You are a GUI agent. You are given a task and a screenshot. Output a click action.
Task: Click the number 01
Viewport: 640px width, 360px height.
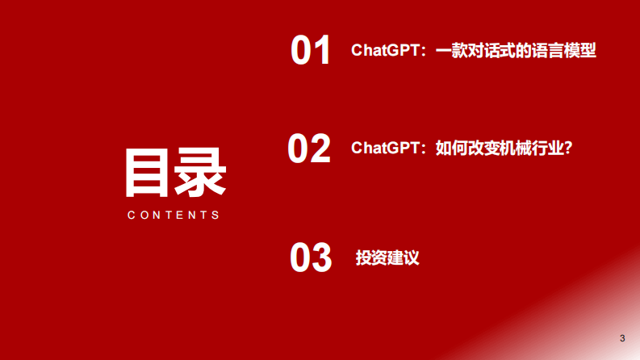click(311, 50)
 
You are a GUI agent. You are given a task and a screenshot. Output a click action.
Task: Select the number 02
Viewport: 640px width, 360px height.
click(309, 149)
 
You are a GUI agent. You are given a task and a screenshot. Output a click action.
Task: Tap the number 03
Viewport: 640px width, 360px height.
click(311, 257)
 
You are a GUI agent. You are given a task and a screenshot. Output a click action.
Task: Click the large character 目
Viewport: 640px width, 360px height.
click(148, 173)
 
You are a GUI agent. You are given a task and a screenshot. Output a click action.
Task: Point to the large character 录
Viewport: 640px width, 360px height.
click(200, 173)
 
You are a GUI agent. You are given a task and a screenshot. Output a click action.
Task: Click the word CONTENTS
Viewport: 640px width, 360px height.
click(174, 216)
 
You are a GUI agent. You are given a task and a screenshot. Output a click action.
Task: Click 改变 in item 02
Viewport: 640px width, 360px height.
click(483, 149)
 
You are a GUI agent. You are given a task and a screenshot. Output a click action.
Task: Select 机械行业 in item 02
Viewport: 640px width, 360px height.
click(530, 149)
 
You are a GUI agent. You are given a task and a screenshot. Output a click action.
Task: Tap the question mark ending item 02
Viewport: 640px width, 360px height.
click(567, 149)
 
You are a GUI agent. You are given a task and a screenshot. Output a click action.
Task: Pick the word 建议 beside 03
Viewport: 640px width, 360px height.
click(404, 258)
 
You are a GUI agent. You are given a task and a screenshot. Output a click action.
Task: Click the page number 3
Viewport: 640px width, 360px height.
click(622, 337)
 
